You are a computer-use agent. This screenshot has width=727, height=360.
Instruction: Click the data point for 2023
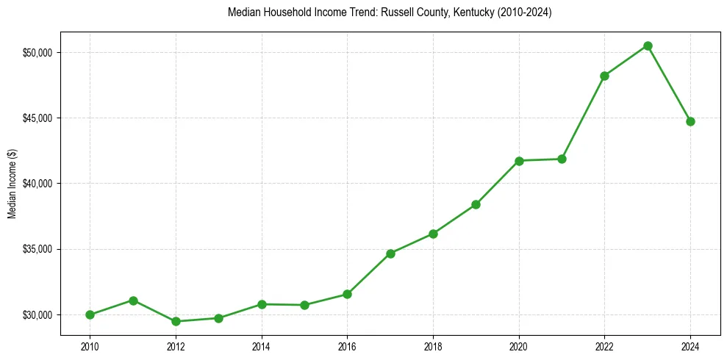(648, 46)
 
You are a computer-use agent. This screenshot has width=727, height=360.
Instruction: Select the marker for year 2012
(176, 321)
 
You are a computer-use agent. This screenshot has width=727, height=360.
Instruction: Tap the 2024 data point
(690, 121)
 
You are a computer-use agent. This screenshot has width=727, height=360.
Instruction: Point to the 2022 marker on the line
(604, 76)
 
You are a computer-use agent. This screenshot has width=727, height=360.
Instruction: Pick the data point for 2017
(390, 253)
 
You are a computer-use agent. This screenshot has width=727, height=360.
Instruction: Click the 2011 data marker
(133, 300)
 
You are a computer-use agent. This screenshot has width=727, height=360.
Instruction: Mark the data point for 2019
(476, 204)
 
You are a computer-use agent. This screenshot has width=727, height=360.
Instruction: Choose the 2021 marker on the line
(562, 159)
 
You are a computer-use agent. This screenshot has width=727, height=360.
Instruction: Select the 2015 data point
(304, 305)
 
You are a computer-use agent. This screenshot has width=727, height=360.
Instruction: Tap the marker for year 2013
(218, 318)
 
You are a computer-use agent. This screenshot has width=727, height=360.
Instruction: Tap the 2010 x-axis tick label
(90, 345)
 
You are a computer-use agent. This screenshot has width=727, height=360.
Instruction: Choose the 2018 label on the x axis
(433, 345)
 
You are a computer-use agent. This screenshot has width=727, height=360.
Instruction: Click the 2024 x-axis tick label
(690, 345)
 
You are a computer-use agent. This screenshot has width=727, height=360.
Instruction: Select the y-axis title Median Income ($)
(12, 184)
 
